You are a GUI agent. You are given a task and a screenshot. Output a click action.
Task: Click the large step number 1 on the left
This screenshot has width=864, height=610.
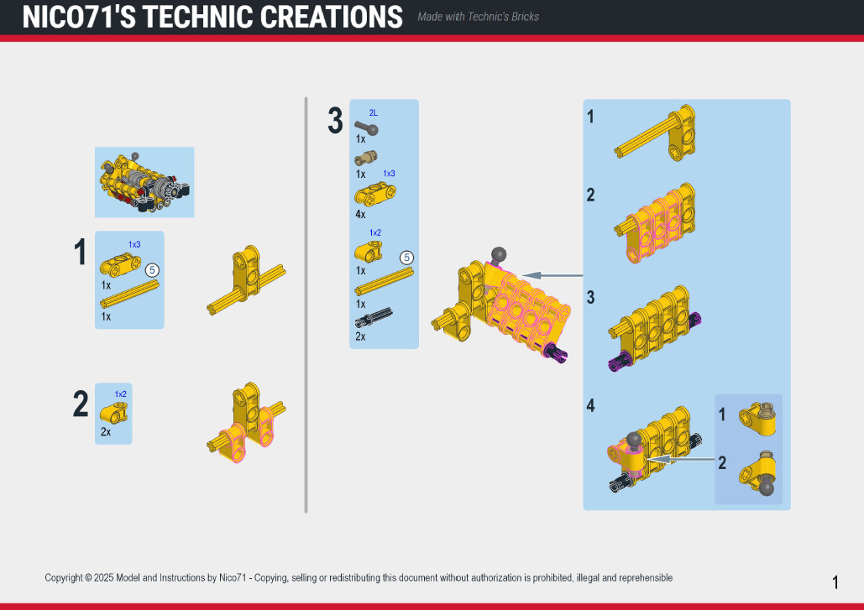pos(81,253)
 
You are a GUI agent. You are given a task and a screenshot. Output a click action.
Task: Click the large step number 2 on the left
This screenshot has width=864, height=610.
pos(81,404)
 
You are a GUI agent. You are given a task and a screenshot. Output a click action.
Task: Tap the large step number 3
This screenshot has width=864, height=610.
pos(335,121)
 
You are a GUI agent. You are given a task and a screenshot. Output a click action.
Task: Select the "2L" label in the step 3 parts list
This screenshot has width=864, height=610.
pos(373,113)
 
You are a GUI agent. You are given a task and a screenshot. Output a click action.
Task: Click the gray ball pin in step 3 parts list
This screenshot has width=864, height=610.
pos(366,128)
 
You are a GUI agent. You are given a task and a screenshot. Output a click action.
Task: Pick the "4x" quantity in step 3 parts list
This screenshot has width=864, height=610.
pos(360,214)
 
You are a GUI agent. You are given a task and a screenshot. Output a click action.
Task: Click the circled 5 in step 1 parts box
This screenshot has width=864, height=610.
pos(152,270)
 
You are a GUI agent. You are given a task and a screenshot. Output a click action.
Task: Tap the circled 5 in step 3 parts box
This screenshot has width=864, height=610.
pos(406,258)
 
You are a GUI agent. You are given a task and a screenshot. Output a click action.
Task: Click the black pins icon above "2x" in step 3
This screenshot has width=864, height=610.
pos(374,318)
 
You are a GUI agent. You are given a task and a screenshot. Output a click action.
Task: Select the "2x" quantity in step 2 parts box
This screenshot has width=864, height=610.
pos(106,432)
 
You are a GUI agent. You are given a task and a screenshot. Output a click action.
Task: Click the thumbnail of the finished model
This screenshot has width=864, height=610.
pos(144,182)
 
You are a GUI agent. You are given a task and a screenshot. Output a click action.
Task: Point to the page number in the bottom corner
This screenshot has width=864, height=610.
pos(835,582)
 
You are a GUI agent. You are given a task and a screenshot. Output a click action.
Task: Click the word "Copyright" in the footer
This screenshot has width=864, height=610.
pos(64,578)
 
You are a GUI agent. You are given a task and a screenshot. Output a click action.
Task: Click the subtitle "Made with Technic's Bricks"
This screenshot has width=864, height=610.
pos(478,17)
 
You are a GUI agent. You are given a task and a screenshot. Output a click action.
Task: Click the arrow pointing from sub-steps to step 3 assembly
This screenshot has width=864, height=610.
pos(552,275)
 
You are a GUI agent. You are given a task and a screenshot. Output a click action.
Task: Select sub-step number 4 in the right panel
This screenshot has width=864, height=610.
pos(591,406)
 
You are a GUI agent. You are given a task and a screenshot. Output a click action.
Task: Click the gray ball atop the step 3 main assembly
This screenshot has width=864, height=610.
pos(499,254)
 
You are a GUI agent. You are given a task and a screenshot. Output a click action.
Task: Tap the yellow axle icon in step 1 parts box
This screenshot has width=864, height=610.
pos(130,295)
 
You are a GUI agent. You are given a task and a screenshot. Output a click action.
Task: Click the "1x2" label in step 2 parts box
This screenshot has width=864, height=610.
pos(121,394)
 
